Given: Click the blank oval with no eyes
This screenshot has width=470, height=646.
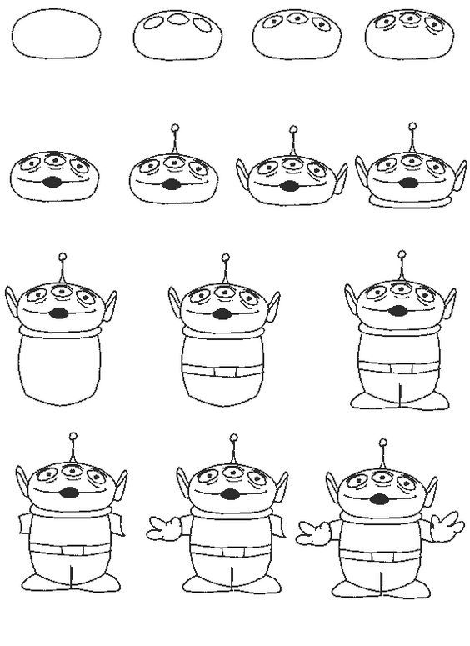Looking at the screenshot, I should point(57,36).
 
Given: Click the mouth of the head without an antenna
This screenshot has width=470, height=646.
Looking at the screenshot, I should point(51,181).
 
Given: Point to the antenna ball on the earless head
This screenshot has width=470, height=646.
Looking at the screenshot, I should point(174,128).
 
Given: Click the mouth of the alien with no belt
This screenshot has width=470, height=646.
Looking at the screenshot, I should point(60,314).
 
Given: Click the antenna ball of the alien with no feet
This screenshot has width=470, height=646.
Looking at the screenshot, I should point(225,258).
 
